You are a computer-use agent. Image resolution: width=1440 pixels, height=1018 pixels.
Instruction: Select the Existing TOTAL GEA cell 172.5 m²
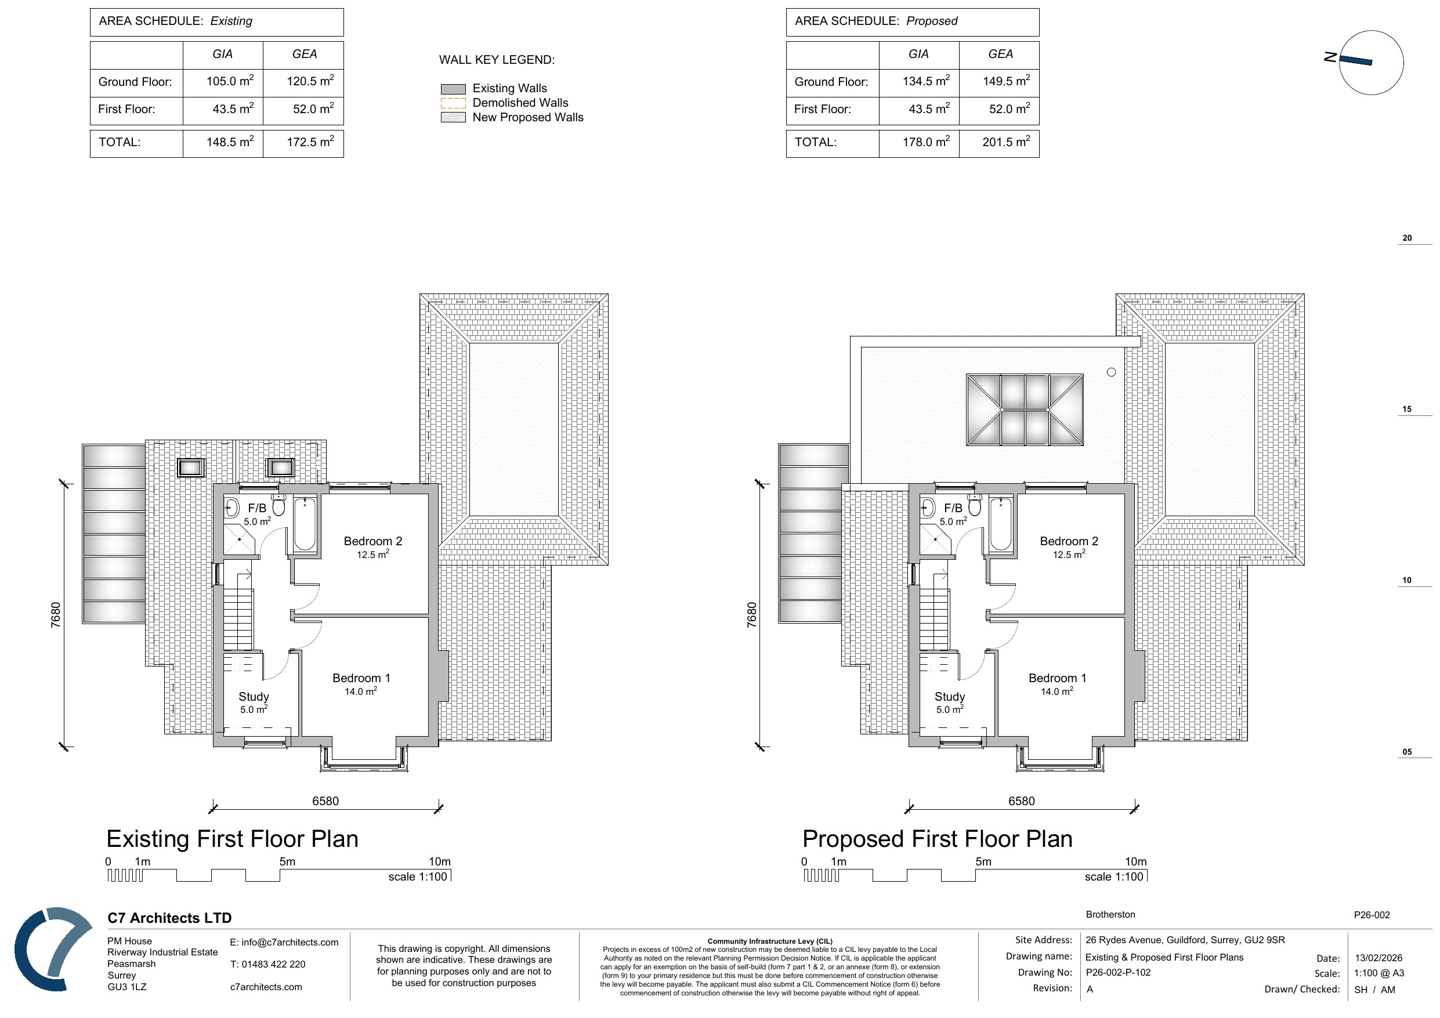(x=310, y=142)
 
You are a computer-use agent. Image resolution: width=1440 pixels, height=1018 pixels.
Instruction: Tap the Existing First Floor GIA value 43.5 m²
(x=233, y=108)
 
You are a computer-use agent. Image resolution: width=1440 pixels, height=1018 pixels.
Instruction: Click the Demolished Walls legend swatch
(x=453, y=103)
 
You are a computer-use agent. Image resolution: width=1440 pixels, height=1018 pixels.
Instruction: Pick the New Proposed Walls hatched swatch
(x=453, y=117)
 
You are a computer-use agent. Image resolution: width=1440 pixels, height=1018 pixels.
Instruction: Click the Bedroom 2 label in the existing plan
(x=373, y=541)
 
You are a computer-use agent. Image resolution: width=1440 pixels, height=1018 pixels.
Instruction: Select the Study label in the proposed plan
(x=950, y=696)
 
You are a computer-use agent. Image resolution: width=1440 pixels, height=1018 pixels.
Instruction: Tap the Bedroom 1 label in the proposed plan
(x=1058, y=678)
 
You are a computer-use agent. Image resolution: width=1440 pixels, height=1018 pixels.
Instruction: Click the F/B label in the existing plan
(x=257, y=508)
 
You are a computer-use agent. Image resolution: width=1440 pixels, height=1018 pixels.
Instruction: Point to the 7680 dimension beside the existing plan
(x=56, y=615)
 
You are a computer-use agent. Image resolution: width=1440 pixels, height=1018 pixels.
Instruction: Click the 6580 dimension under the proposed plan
(x=1022, y=801)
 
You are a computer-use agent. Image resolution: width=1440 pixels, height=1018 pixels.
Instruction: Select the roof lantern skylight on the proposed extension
(x=1025, y=410)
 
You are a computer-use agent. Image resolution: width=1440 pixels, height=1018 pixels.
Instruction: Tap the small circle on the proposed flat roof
(x=1112, y=372)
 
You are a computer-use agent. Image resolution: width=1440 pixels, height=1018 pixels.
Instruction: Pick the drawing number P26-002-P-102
(x=1118, y=972)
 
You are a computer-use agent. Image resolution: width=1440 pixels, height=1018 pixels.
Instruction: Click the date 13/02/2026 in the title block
(x=1379, y=958)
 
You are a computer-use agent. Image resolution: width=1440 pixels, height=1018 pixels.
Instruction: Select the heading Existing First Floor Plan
(x=232, y=839)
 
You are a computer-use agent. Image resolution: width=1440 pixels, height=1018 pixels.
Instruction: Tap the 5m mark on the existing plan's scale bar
(x=287, y=861)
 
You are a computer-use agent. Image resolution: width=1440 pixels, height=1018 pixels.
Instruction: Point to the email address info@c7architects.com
(x=284, y=942)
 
